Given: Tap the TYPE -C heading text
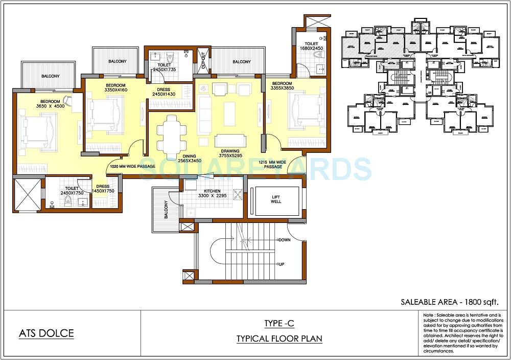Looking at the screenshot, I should click(x=279, y=323).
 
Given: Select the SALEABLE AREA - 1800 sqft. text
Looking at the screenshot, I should click(x=449, y=301).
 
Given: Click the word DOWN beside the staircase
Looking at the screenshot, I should click(x=284, y=240).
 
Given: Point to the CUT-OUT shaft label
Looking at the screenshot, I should click(x=203, y=60).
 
